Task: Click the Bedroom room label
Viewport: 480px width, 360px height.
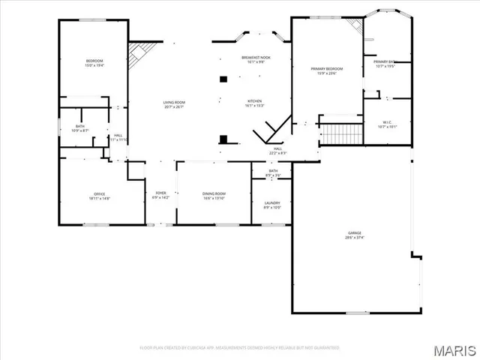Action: tap(94, 63)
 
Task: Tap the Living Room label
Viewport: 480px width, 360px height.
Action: tap(174, 104)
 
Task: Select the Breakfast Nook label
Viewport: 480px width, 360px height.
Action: tap(255, 59)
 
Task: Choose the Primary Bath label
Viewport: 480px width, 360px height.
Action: tap(385, 64)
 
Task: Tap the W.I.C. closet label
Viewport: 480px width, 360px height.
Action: tap(387, 124)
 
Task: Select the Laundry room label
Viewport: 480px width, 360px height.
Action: tap(271, 205)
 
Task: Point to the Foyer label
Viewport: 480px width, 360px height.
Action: tap(160, 195)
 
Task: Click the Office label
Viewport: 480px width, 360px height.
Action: tap(99, 196)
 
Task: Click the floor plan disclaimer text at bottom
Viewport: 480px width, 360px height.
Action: tap(239, 348)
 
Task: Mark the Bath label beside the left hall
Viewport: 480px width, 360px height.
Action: tap(79, 128)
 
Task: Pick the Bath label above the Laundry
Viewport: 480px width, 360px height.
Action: tap(273, 173)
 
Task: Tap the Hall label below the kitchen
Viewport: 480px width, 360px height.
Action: tap(277, 151)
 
